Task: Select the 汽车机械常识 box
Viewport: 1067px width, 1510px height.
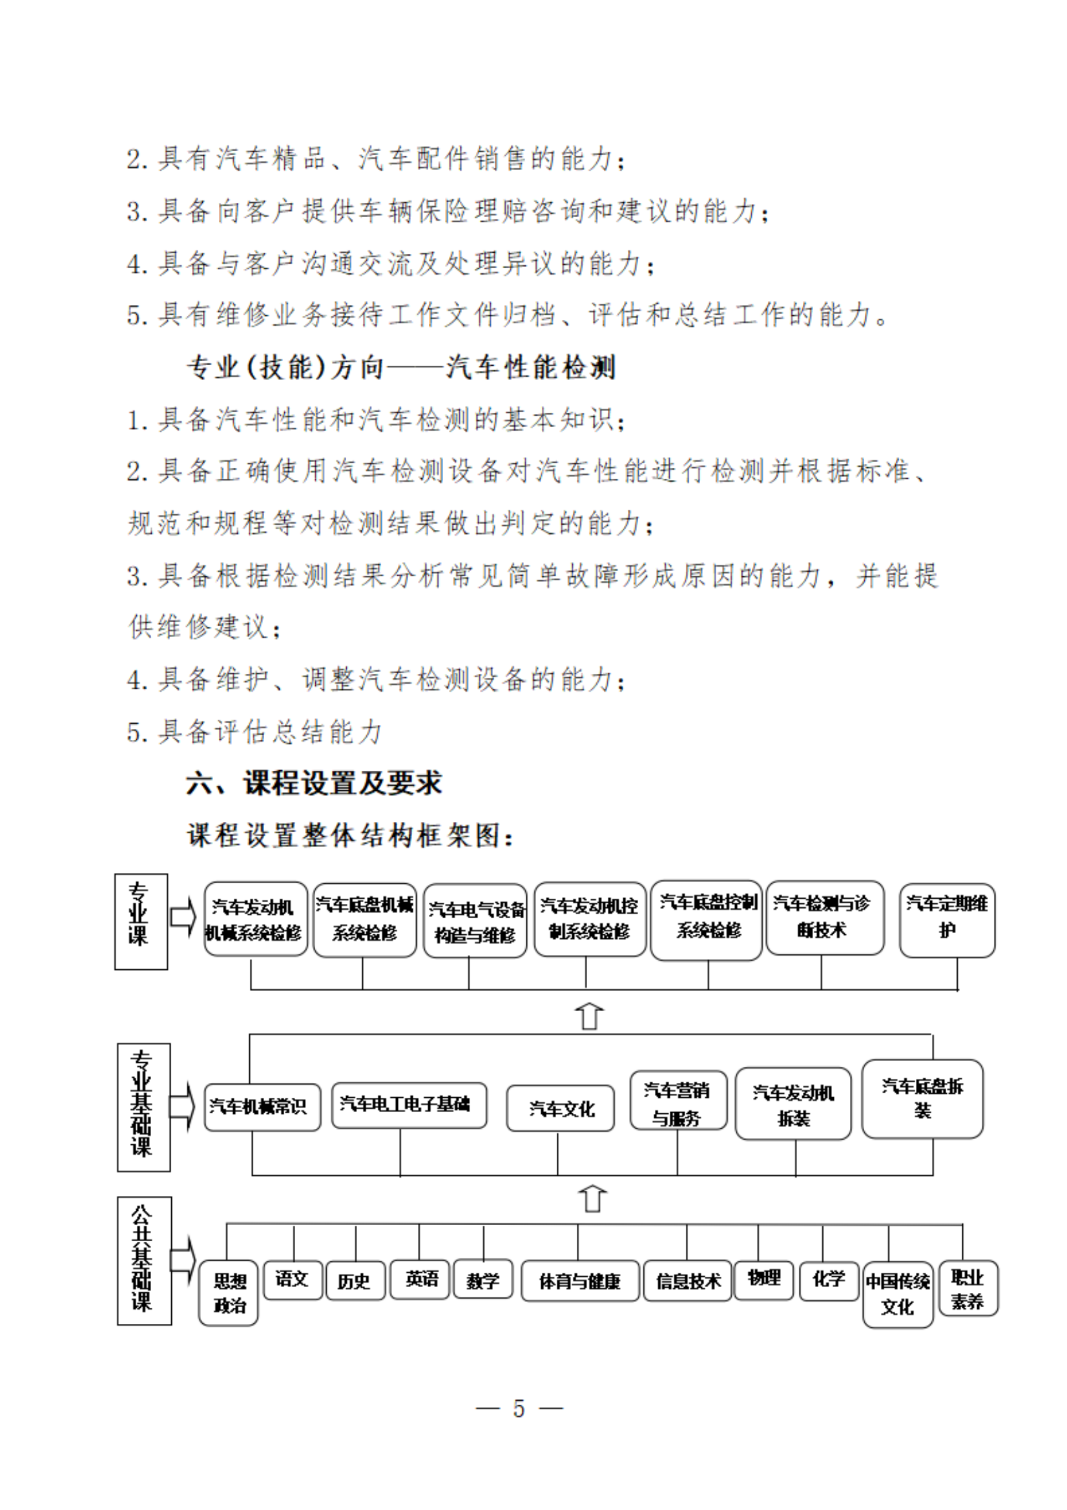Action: [x=262, y=1107]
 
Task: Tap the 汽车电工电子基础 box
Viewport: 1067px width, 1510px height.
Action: [x=408, y=1105]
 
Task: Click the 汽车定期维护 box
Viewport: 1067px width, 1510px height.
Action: [x=947, y=919]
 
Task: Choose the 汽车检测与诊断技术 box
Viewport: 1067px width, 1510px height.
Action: [x=824, y=918]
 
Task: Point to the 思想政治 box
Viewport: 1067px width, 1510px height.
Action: [x=228, y=1292]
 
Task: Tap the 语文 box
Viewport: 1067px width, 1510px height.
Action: [x=293, y=1279]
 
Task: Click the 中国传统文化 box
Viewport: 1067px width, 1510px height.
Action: [x=897, y=1294]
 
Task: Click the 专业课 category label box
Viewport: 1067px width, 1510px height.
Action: [x=141, y=921]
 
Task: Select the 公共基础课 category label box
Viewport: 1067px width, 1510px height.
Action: [x=143, y=1260]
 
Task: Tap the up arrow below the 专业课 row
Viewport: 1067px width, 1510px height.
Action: [x=589, y=1016]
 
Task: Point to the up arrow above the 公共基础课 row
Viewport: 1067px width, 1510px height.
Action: [x=593, y=1199]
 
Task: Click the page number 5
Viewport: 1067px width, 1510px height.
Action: [x=519, y=1408]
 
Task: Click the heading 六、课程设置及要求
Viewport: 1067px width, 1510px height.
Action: [x=315, y=783]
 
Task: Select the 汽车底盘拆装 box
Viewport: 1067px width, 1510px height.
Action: [x=922, y=1098]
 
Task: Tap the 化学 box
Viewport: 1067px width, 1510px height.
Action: [x=829, y=1279]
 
